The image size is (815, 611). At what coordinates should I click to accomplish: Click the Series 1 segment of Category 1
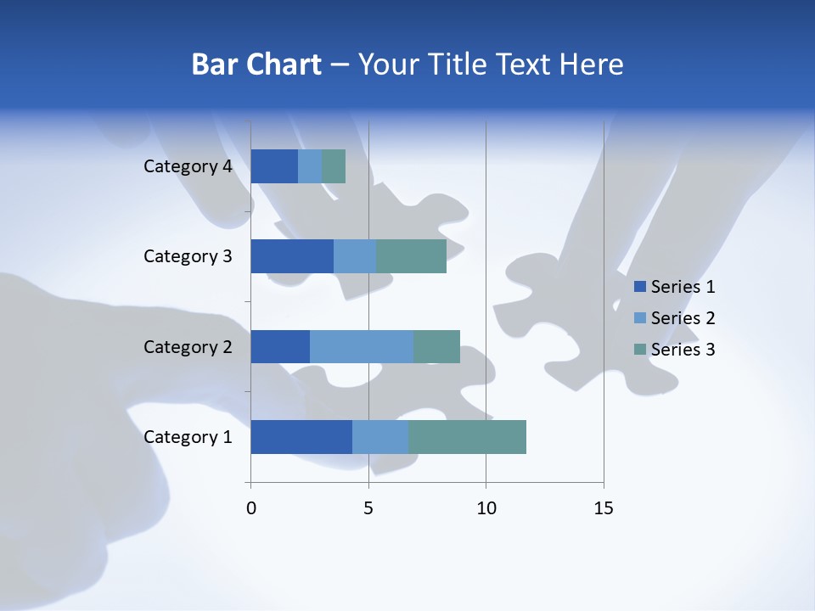[301, 437]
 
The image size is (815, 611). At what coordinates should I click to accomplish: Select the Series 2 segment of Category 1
[380, 437]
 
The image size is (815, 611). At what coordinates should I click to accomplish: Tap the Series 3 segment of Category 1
[467, 437]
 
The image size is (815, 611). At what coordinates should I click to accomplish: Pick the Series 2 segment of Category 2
[362, 346]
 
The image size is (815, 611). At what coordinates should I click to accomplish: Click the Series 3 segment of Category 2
[436, 346]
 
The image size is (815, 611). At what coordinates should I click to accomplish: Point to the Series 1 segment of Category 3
[292, 256]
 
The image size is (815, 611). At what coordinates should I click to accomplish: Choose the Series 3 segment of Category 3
[411, 256]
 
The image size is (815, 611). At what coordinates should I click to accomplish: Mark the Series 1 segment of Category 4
[274, 166]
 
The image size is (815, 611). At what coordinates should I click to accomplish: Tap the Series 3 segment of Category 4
[334, 166]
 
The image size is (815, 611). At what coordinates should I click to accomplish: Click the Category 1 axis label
[188, 437]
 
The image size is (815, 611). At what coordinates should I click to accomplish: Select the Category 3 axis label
[188, 256]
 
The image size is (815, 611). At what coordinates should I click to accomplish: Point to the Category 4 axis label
[188, 166]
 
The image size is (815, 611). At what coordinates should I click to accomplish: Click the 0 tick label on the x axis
[251, 508]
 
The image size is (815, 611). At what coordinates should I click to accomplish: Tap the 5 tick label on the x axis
[368, 508]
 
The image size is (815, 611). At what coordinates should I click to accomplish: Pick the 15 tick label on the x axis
[603, 508]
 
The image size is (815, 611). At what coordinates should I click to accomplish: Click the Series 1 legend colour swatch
[639, 287]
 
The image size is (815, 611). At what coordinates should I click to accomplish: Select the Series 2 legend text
[683, 318]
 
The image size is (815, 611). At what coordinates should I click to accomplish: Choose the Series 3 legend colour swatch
[639, 350]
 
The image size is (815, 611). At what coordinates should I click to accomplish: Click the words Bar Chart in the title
[256, 64]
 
